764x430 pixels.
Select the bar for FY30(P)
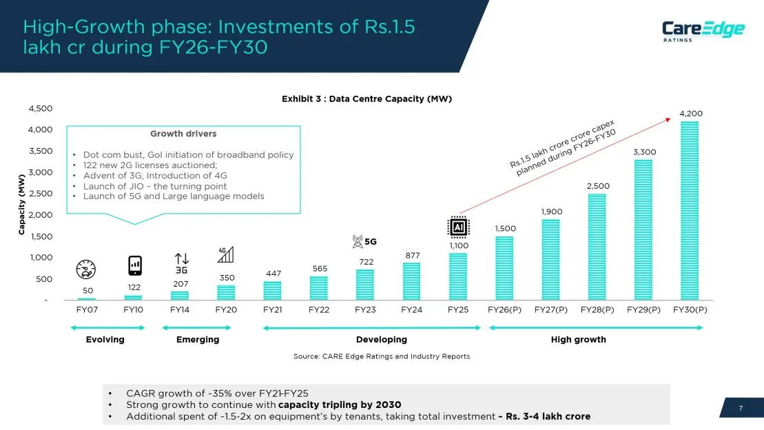[x=690, y=210]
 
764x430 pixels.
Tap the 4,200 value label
[x=691, y=113]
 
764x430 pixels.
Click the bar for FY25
[x=458, y=276]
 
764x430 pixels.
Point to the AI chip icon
[x=458, y=227]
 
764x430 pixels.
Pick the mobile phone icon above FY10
[x=135, y=265]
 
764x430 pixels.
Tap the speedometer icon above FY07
[x=86, y=269]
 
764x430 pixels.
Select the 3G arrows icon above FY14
[x=181, y=263]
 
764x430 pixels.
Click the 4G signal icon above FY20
[x=225, y=254]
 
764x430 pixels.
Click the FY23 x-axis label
[x=365, y=310]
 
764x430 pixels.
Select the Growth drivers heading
[x=183, y=134]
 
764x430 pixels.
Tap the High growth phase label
[x=578, y=340]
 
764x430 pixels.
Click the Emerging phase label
[x=198, y=340]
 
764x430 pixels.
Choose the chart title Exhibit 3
[x=366, y=99]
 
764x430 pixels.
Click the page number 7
[x=741, y=409]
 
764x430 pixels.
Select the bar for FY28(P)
[x=597, y=247]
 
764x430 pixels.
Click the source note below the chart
[x=382, y=356]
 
